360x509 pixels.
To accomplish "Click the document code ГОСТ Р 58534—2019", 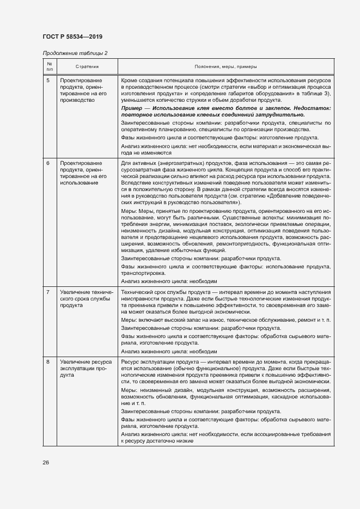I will [72, 36].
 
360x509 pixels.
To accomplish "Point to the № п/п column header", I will [49, 66].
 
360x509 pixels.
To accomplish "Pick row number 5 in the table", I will [48, 80].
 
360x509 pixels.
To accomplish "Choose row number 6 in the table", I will [48, 163].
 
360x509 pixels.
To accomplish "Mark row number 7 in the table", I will [48, 292].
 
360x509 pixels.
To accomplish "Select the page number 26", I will [46, 462].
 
